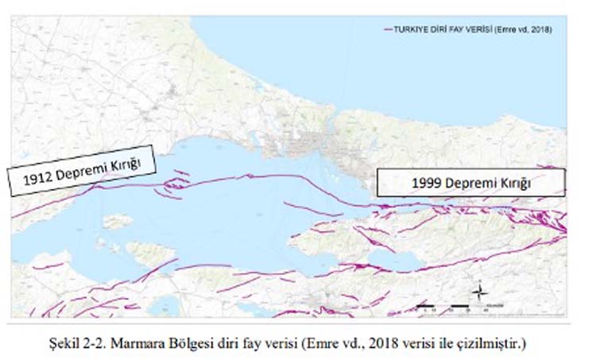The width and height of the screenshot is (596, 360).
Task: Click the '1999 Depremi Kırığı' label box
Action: [470, 182]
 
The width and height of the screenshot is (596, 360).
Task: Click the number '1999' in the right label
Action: [427, 183]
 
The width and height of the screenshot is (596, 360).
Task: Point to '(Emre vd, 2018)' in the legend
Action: [521, 29]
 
